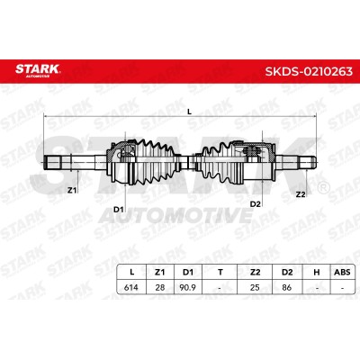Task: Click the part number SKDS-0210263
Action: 309,71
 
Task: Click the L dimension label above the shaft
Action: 189,112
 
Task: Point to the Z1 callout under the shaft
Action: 71,190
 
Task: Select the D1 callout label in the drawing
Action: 119,210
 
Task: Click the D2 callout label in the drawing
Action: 256,204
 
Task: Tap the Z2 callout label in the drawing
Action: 301,194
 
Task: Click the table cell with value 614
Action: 131,287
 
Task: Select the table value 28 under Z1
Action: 160,287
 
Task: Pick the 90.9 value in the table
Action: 188,287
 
